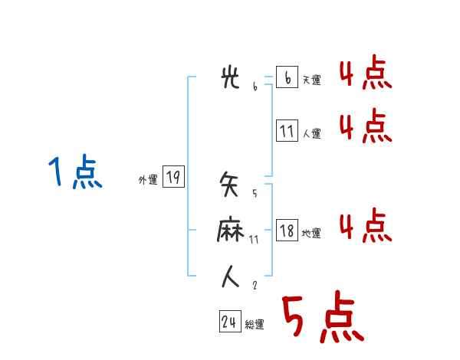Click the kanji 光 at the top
point(231,79)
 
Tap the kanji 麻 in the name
point(231,231)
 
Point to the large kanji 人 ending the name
point(231,277)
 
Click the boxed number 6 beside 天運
point(287,78)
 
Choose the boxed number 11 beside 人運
point(287,131)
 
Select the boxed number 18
point(287,231)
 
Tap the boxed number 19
point(173,178)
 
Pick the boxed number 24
point(229,322)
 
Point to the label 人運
point(311,133)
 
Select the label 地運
point(311,233)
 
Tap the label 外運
point(148,180)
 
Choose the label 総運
point(255,325)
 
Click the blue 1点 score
point(74,172)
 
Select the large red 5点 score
point(321,318)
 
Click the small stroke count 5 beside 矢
point(254,192)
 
